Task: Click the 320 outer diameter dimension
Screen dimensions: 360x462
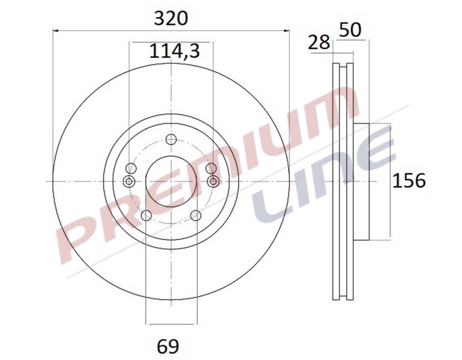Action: pos(171,19)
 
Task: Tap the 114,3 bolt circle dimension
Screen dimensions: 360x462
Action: pos(174,51)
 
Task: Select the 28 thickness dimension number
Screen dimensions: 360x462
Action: pos(319,43)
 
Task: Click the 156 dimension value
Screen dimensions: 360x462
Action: pos(409,181)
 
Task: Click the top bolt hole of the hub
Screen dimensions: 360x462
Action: pos(171,139)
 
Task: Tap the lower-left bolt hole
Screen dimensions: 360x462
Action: pos(146,215)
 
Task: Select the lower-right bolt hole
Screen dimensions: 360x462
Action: pos(196,215)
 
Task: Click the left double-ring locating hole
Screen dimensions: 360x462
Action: pos(129,181)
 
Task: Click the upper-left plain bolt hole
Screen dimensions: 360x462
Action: pos(131,168)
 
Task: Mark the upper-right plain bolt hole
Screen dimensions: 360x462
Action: pos(210,168)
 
